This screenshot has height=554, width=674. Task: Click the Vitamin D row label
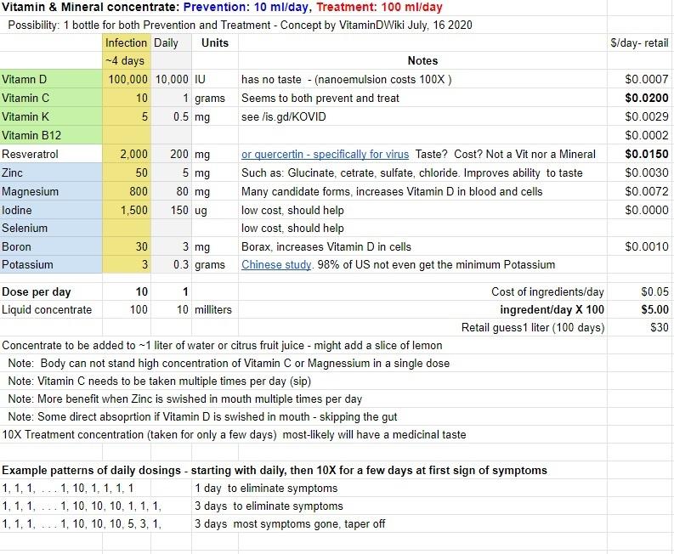25,80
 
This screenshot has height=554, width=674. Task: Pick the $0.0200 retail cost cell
647,99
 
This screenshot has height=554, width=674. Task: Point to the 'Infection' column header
127,42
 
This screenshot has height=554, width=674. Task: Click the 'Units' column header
215,42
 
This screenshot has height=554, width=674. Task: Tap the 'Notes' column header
422,61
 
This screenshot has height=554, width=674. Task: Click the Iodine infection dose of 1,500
133,210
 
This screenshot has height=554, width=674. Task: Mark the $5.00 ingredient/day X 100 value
654,310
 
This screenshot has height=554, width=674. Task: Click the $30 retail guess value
659,328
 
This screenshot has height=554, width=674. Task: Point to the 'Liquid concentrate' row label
47,310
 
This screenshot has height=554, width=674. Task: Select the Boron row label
17,247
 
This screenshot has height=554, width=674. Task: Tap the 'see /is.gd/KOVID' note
283,117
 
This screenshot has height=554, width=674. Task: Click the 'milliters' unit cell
213,310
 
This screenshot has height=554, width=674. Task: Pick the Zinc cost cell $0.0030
647,173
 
